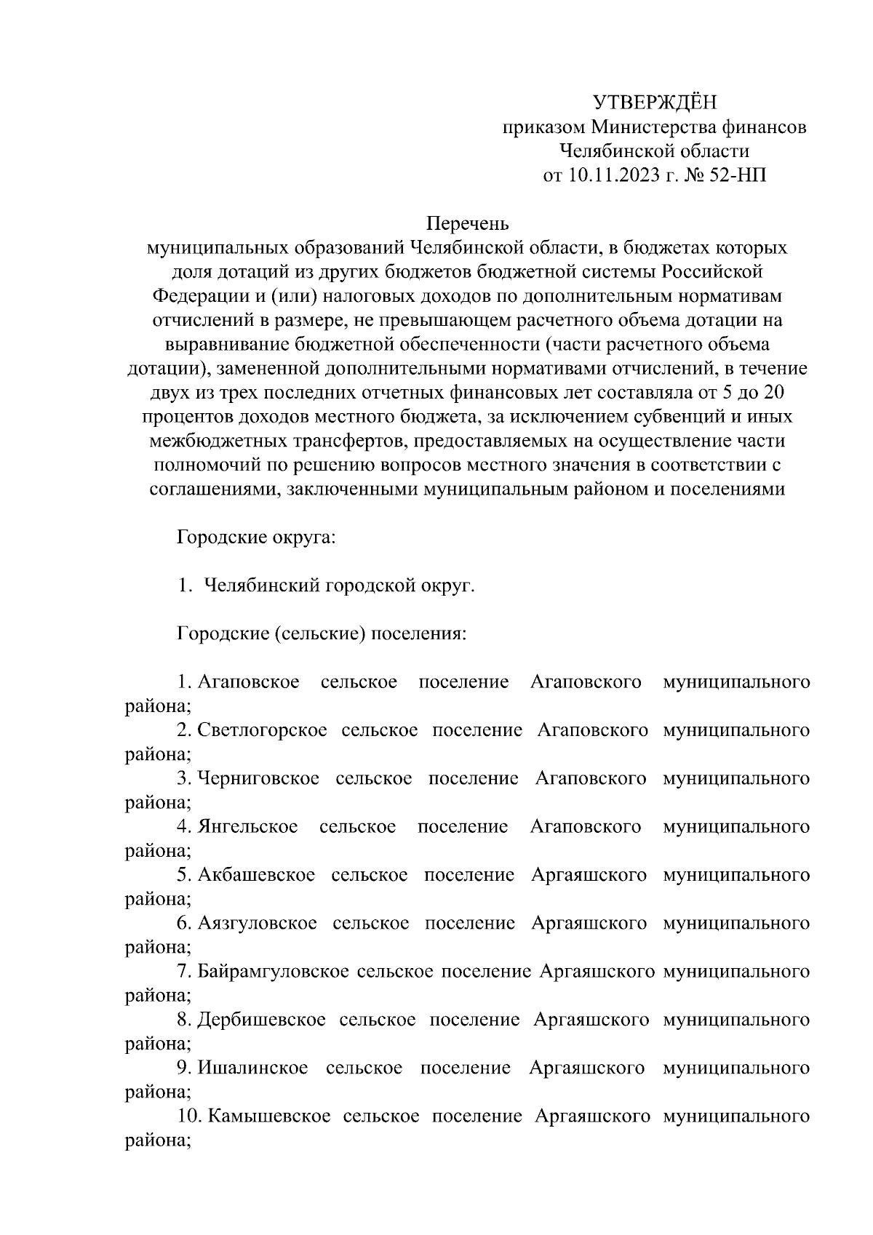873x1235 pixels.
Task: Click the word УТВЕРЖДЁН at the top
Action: click(x=655, y=102)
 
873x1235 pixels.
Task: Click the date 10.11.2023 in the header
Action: click(x=610, y=175)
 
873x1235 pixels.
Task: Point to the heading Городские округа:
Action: click(x=255, y=538)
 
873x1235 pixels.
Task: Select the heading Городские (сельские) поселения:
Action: click(x=322, y=634)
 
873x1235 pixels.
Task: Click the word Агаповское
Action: click(x=249, y=682)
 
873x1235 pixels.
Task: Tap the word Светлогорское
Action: click(x=262, y=730)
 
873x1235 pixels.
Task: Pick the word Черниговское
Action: click(x=258, y=778)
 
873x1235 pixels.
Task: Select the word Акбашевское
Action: click(x=256, y=875)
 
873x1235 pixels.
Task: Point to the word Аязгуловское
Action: click(x=257, y=923)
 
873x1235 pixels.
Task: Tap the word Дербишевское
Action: click(x=260, y=1020)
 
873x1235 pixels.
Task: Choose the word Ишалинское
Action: click(x=252, y=1068)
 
